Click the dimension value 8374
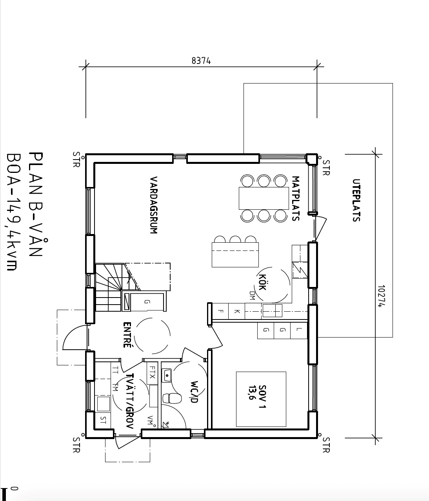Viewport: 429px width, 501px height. click(201, 61)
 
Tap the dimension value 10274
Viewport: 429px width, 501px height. click(382, 296)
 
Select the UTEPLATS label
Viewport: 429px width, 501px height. click(356, 200)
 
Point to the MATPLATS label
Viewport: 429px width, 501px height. click(296, 198)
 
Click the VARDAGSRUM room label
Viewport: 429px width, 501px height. click(154, 205)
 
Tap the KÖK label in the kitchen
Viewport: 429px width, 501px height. click(262, 282)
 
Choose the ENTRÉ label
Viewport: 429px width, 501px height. click(127, 335)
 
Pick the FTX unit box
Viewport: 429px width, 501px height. click(152, 372)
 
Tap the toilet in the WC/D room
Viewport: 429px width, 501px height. click(172, 398)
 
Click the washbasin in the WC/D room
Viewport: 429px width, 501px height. click(167, 376)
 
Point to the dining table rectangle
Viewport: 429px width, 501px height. click(264, 198)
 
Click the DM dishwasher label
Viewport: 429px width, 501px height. click(251, 296)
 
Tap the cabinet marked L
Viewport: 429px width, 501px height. click(299, 330)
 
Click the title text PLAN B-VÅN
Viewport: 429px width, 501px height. click(36, 204)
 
